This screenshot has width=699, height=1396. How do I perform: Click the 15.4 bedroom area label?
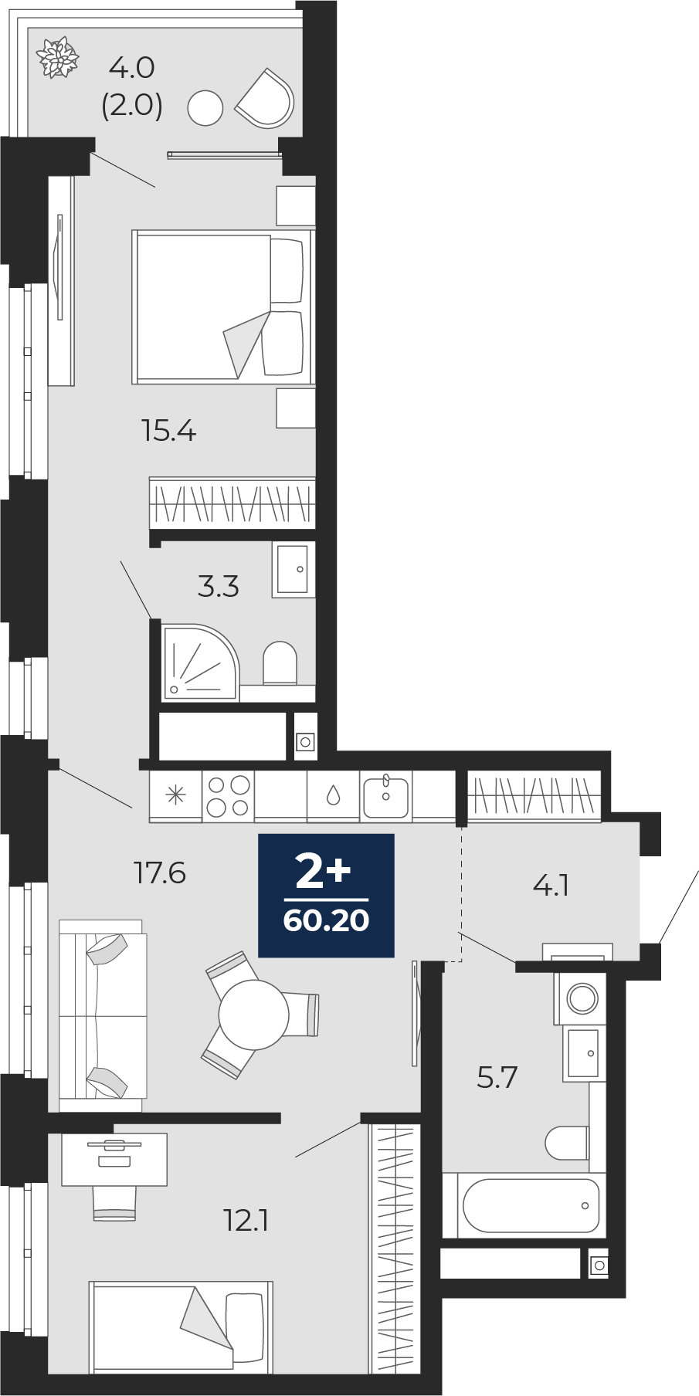point(169,430)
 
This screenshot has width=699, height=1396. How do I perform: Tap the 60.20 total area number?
point(326,920)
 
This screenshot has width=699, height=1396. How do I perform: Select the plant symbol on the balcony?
point(59,56)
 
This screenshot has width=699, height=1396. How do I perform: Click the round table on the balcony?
point(205,107)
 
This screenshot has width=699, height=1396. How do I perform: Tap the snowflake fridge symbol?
point(177,795)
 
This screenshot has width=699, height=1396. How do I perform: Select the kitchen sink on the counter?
point(386,795)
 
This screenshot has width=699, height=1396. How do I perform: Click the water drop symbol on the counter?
point(333,795)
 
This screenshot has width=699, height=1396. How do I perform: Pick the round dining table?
point(253,1013)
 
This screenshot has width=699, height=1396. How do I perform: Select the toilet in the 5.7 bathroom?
point(566,1143)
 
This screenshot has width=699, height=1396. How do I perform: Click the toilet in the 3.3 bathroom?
point(280,662)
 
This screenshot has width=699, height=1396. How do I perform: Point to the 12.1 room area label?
point(246,1221)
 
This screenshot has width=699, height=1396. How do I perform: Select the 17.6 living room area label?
point(159,873)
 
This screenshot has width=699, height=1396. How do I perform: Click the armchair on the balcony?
point(265,99)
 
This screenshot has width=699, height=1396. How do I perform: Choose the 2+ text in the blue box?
point(324,872)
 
